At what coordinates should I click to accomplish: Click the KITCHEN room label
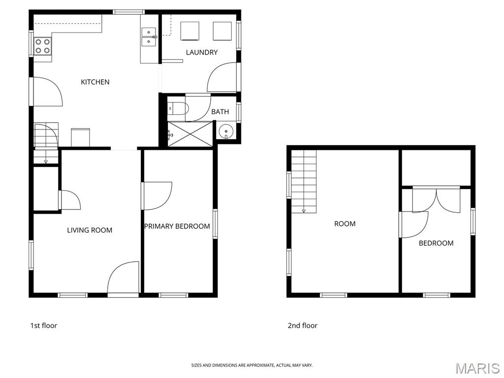point(95,82)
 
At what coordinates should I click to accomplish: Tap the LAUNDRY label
point(201,52)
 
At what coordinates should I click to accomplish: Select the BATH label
point(220,112)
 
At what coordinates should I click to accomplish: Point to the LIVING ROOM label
point(90,230)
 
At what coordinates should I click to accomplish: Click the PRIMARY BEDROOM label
point(177,226)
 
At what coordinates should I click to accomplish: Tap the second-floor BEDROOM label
point(436,243)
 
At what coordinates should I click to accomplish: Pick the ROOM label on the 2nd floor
point(345,224)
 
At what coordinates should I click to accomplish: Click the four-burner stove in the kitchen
point(43,46)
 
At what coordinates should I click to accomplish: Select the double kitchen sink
point(149,37)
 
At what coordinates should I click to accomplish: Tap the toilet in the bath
point(177,108)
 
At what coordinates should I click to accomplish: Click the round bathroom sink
point(226,131)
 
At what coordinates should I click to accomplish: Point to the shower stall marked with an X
point(190,134)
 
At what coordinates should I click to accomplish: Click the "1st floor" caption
point(44,326)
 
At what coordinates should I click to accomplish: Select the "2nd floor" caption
point(303,326)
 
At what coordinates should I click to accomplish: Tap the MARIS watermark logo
point(477,369)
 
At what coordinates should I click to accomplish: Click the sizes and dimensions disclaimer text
point(252,365)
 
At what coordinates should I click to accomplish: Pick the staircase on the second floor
point(304,182)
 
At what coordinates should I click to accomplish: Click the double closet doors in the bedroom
point(436,201)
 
